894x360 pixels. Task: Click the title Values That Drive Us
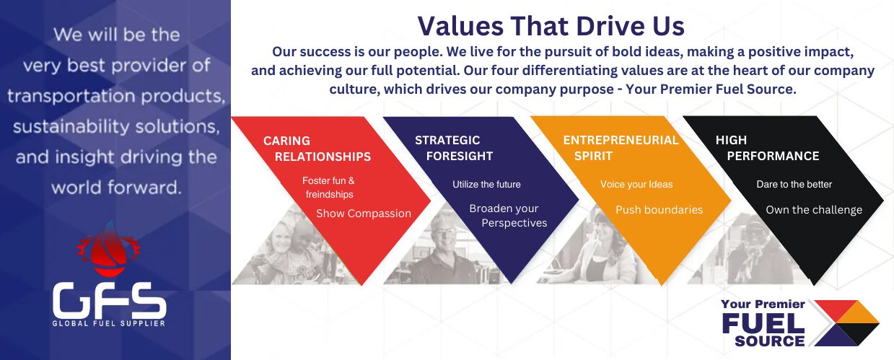(x=551, y=26)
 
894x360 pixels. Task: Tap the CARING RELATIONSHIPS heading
(x=317, y=149)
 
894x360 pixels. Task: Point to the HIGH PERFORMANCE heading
(x=767, y=148)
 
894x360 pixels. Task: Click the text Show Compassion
(x=364, y=214)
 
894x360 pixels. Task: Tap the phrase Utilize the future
(x=486, y=185)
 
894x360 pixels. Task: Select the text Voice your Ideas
(x=636, y=185)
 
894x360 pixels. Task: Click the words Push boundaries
(x=659, y=210)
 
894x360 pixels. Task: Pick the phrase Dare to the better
(x=794, y=185)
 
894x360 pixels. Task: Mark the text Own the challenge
(x=814, y=210)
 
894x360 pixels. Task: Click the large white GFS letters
(x=109, y=300)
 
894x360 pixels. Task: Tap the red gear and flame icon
(x=109, y=249)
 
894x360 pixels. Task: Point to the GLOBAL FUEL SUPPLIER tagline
(x=109, y=323)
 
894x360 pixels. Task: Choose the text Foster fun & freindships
(x=328, y=188)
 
